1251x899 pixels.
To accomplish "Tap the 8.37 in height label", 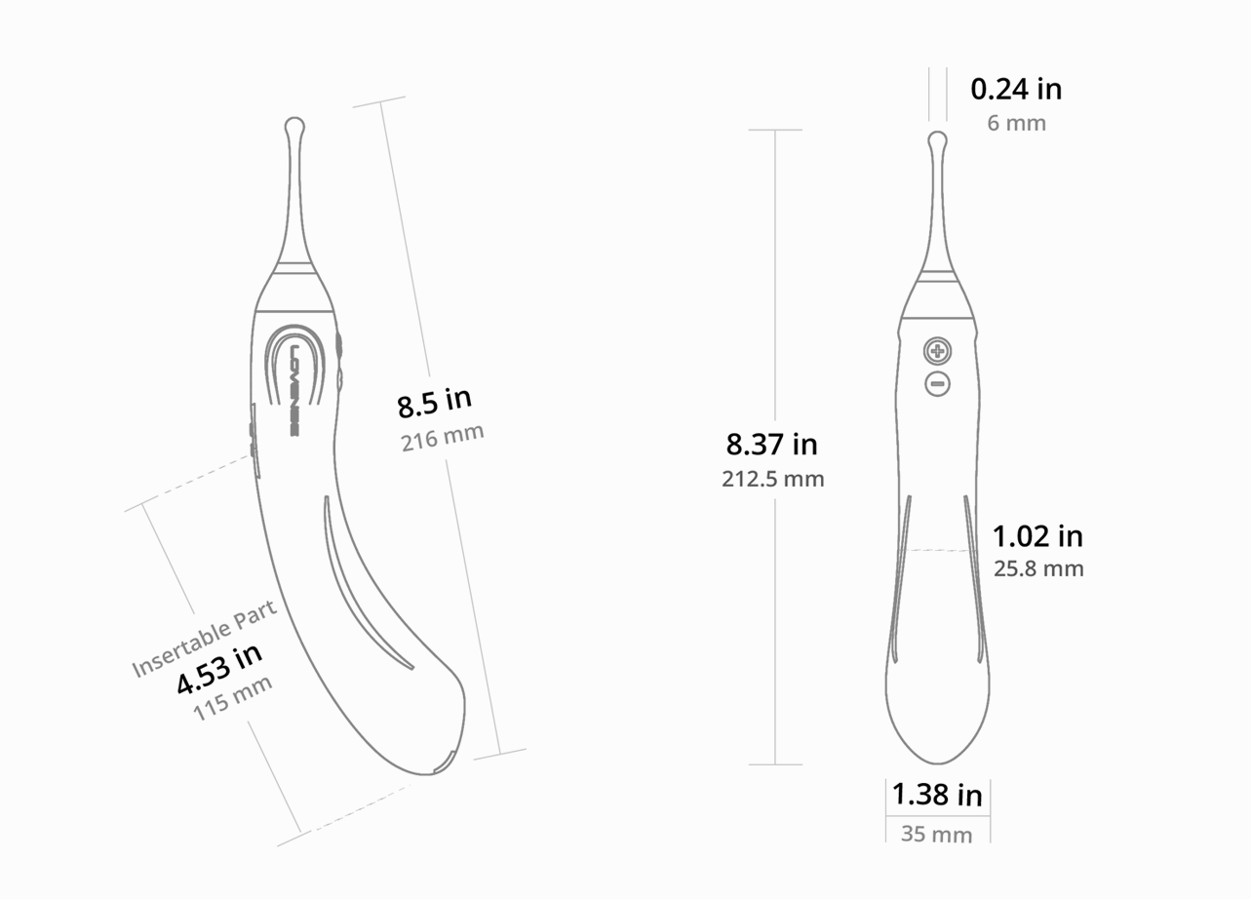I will [771, 445].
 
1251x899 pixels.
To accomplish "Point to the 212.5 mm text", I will [772, 479].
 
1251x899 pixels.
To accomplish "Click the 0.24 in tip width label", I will [1015, 90].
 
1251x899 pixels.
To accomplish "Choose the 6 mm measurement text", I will [1016, 124].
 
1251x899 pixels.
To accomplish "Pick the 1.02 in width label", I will [1037, 536].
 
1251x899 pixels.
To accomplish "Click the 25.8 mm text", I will [1038, 568].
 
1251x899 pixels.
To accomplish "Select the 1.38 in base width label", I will [937, 796].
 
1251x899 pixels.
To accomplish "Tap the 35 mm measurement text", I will [936, 835].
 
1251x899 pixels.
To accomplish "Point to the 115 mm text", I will [232, 698].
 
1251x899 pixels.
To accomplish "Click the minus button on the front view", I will [937, 384].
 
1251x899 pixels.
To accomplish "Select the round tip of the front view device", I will [937, 139].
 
